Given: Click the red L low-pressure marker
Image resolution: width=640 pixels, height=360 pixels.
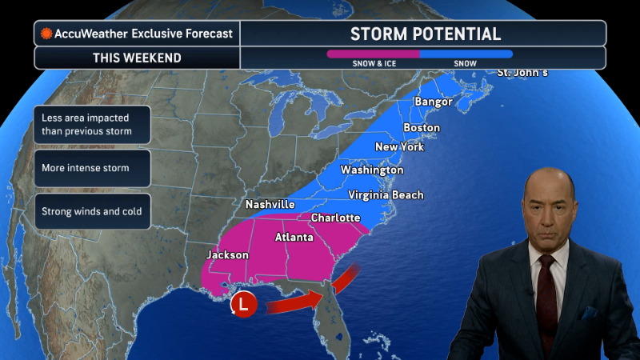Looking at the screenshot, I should [x=243, y=305].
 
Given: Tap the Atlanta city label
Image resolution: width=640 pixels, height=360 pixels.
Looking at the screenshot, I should [x=294, y=238].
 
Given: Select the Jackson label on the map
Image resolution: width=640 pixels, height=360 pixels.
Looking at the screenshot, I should [x=227, y=255].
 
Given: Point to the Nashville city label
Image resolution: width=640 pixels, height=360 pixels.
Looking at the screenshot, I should [x=270, y=205].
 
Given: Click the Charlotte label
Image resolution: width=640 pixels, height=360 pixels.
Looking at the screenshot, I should [x=335, y=218].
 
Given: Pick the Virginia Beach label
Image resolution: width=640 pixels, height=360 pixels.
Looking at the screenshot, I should [x=386, y=195].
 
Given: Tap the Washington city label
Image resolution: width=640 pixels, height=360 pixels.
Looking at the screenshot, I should [x=372, y=170].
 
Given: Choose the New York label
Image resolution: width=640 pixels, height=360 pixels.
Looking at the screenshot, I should [x=399, y=147].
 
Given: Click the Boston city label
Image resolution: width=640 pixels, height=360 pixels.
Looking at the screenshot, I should [x=422, y=128].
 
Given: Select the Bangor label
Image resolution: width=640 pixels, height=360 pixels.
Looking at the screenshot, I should [x=434, y=102].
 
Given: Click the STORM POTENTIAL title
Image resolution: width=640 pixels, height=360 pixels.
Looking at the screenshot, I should [x=426, y=34].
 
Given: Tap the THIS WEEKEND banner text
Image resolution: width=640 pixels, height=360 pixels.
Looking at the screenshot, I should [x=137, y=58].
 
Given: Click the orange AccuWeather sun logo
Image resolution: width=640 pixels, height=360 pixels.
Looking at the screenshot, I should [x=46, y=34].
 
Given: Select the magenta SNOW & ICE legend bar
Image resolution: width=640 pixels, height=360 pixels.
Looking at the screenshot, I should [x=373, y=54].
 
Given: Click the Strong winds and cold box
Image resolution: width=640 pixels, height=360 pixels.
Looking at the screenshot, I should [x=93, y=211].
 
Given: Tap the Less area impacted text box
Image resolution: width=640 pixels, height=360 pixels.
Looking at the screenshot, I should [x=93, y=125].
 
